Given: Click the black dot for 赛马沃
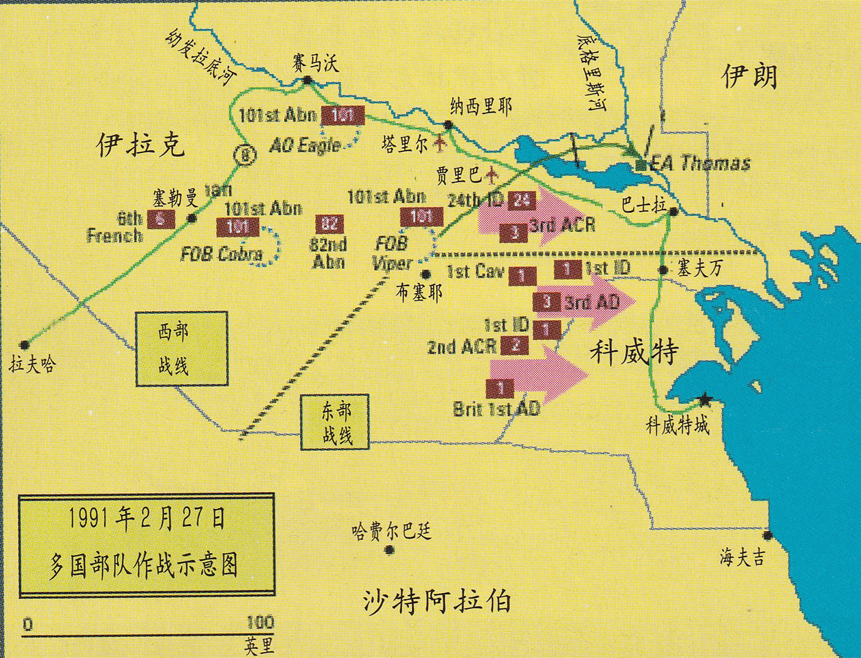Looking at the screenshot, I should [x=307, y=81].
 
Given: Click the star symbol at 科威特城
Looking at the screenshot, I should [x=704, y=399].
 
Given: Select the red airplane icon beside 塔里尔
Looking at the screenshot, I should [x=440, y=143].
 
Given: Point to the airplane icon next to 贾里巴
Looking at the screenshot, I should [x=492, y=175].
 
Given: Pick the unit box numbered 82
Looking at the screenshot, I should [x=329, y=225].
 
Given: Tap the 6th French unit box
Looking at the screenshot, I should [x=161, y=219].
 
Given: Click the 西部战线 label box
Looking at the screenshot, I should [x=182, y=348].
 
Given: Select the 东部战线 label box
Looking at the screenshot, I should [x=334, y=422].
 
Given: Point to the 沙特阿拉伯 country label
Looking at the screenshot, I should [x=437, y=601].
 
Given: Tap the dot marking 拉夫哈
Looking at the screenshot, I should [x=24, y=345].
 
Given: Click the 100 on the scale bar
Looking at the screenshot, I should [x=260, y=622].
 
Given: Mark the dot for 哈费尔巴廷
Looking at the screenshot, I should [x=390, y=550].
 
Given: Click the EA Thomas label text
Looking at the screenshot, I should [x=699, y=163].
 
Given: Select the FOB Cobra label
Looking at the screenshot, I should [x=221, y=254].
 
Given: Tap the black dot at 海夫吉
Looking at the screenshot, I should [x=768, y=535].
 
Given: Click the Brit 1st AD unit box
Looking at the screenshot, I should [x=500, y=388].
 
